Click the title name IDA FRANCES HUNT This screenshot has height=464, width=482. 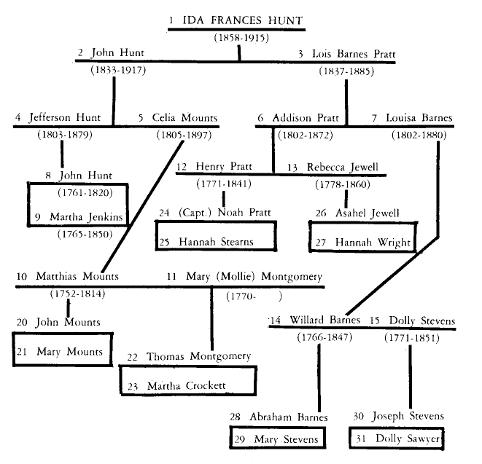(x=243, y=20)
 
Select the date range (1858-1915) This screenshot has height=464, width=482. (x=241, y=38)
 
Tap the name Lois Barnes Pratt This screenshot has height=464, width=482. (x=354, y=54)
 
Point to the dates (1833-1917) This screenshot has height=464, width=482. (x=118, y=70)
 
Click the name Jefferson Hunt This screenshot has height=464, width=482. (x=65, y=117)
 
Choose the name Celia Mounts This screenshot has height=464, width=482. (x=184, y=117)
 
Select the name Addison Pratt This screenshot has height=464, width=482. (x=306, y=117)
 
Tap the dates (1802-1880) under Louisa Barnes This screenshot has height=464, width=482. (x=419, y=135)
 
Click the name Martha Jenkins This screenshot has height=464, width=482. (x=86, y=217)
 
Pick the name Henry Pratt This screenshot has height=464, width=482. (x=224, y=166)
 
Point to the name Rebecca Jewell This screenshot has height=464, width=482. (x=343, y=167)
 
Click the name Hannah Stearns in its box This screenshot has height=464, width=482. (x=216, y=242)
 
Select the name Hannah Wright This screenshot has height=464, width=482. (x=373, y=243)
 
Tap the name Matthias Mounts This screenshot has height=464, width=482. (x=77, y=276)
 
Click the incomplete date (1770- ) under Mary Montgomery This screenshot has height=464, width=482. (x=254, y=296)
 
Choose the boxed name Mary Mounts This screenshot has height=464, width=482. (x=69, y=351)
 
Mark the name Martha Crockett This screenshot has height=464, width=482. (x=186, y=385)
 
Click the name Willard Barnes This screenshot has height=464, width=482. (x=324, y=320)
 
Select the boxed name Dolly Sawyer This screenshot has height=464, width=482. (x=408, y=439)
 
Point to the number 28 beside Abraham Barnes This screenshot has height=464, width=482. (x=235, y=417)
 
